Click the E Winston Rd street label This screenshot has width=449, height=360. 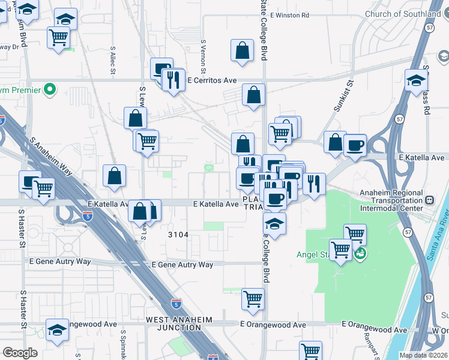coord(289,15)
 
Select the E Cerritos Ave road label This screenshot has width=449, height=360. coord(212,80)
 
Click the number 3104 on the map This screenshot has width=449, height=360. coord(178,235)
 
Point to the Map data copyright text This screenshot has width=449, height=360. coord(423,355)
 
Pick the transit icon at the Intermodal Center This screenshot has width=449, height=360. coord(429,200)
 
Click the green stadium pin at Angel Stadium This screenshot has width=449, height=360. coord(360,254)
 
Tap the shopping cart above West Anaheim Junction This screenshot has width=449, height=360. coord(253,298)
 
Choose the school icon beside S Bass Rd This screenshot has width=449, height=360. coord(415,80)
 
